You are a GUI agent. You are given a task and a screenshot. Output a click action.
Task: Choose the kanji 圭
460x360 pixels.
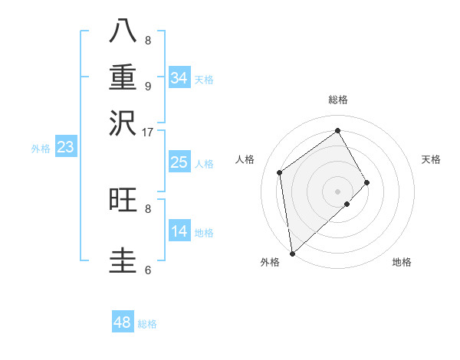point(123,259)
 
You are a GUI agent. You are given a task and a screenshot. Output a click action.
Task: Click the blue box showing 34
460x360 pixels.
point(179,78)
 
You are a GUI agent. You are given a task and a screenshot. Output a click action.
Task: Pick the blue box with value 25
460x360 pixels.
point(179,162)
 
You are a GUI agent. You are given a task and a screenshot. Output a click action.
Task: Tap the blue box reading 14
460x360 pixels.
point(179,231)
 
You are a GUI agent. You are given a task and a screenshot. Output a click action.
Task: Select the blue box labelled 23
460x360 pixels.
point(65,147)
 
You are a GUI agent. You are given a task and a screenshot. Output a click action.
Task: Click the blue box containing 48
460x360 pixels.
point(123,322)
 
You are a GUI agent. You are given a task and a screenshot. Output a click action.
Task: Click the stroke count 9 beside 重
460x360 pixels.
point(147,86)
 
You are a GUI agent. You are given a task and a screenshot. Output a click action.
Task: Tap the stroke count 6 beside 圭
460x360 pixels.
point(147,269)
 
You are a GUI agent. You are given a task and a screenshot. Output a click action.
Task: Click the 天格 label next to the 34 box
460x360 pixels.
point(204,80)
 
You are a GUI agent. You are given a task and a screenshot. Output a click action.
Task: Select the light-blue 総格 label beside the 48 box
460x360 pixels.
point(148,324)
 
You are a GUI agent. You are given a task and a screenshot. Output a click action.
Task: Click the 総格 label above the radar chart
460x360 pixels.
point(337,100)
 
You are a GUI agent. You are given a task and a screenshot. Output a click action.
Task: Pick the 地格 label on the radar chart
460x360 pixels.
point(402,262)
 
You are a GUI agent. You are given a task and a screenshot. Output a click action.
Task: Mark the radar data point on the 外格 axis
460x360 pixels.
point(292,253)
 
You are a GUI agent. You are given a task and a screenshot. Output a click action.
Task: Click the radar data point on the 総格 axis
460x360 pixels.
point(337,130)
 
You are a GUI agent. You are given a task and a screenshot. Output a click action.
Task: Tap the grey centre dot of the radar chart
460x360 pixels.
point(337,191)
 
